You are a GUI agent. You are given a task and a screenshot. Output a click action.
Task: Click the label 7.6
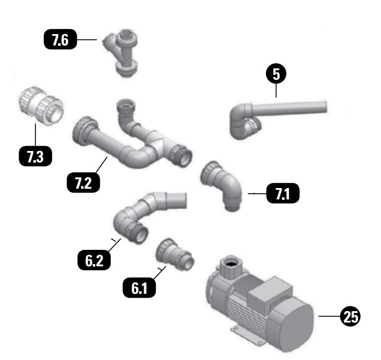pos(60,41)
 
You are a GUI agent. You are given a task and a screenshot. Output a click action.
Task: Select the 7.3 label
pos(35,156)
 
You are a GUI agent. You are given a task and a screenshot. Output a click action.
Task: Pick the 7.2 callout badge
pos(82,182)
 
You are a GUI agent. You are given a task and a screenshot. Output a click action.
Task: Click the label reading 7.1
pos(282,194)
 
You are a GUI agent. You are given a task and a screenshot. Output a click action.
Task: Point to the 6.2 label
pos(94,259)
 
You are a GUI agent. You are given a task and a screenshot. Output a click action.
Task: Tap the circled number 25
pos(350,317)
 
